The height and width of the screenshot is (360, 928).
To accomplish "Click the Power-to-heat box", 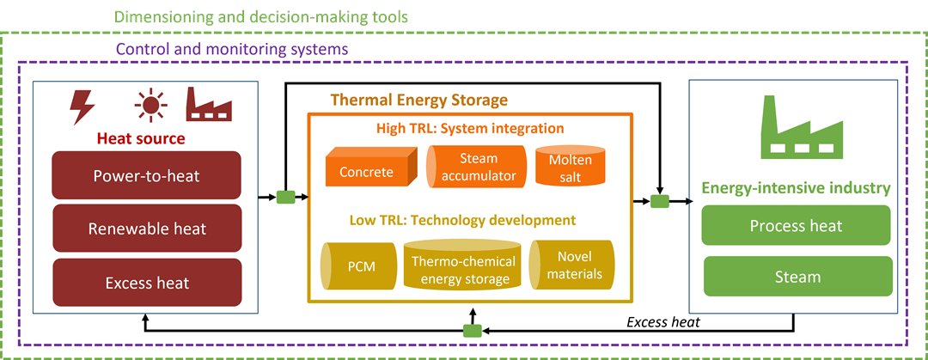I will (x=146, y=176).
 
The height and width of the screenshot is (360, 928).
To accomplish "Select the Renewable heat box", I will (x=146, y=229).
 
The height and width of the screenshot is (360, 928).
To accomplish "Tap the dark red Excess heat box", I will (x=146, y=283).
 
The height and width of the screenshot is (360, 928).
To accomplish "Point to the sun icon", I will (x=150, y=107).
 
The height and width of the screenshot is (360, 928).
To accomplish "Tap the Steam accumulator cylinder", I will (x=474, y=167).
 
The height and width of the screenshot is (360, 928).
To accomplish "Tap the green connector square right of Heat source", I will (x=285, y=198).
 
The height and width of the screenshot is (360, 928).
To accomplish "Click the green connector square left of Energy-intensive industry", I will (x=659, y=201).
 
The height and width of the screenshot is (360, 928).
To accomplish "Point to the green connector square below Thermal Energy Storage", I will (x=472, y=331).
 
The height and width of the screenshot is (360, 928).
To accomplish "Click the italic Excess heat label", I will (x=663, y=322).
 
